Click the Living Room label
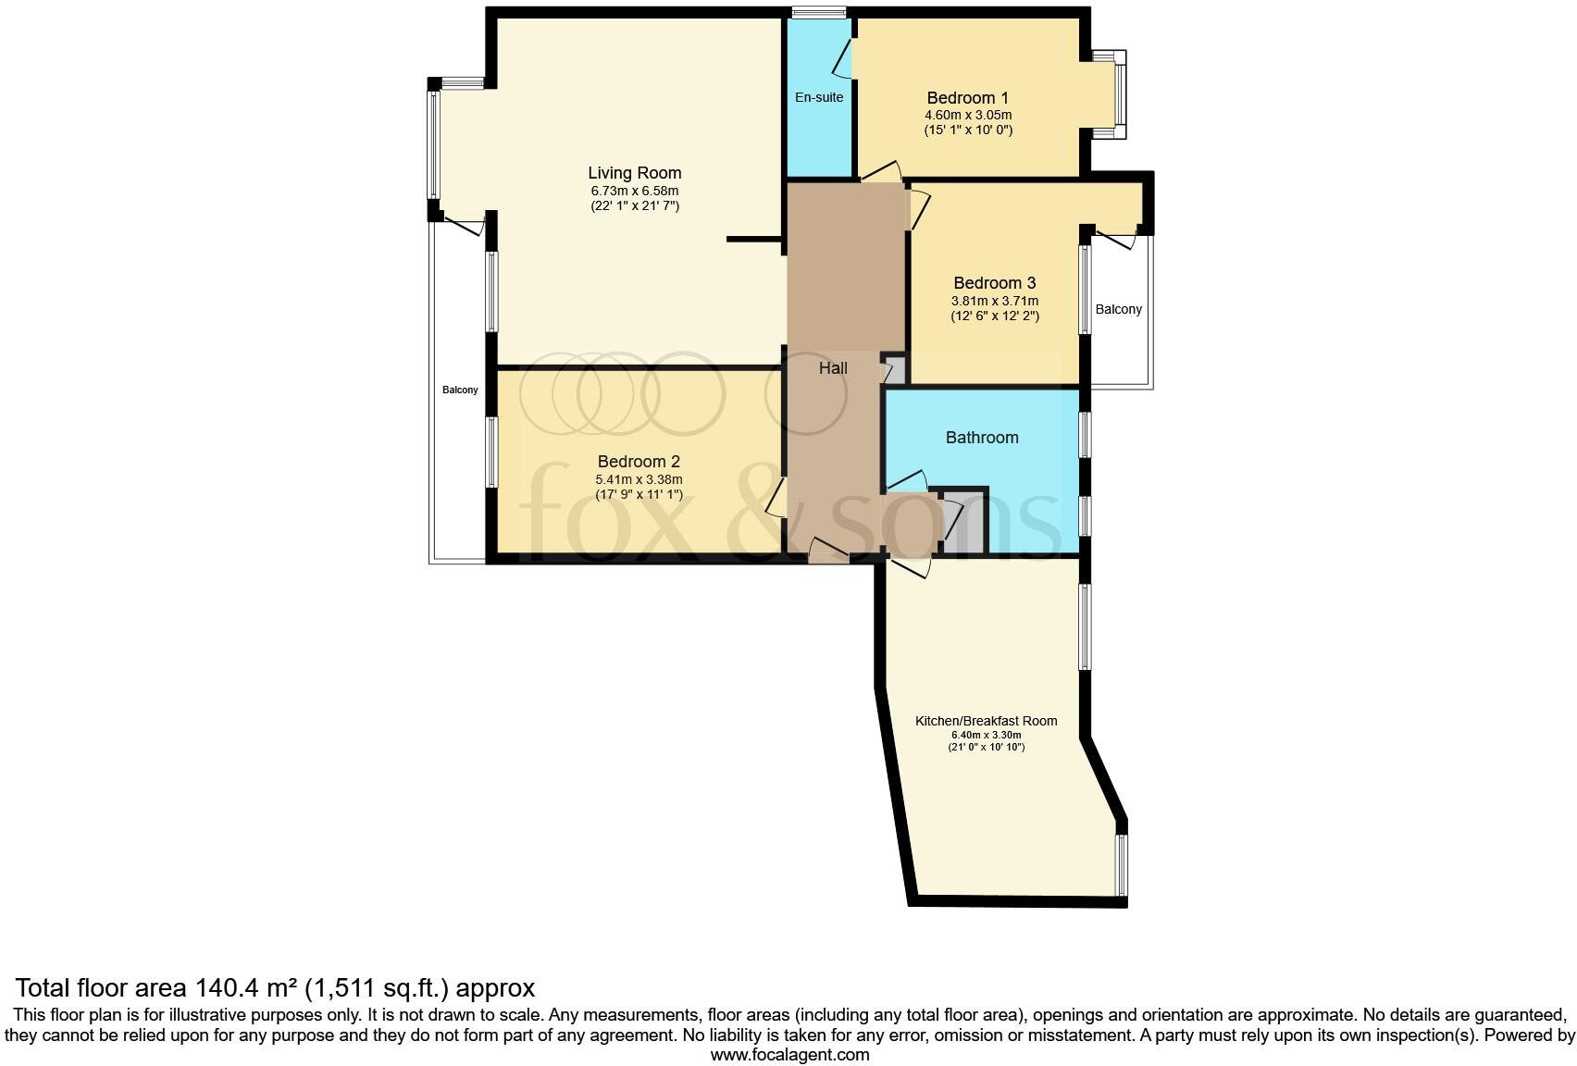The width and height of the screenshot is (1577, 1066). (x=634, y=173)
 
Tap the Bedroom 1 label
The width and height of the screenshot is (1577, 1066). (x=967, y=98)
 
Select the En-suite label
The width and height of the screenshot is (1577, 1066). (x=819, y=96)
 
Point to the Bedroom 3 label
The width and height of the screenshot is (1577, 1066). (x=994, y=283)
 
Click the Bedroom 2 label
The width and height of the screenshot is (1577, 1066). (x=639, y=462)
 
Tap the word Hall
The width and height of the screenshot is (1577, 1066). (x=833, y=368)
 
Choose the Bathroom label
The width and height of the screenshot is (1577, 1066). (x=981, y=438)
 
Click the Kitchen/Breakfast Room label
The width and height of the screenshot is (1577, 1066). (x=986, y=721)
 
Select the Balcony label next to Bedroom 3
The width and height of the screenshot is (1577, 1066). (x=1118, y=309)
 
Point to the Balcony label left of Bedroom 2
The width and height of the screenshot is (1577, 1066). (x=460, y=390)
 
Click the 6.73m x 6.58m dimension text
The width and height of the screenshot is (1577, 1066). (x=634, y=191)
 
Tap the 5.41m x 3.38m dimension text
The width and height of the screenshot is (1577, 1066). (x=639, y=479)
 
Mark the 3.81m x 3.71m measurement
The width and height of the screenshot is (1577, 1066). (x=994, y=301)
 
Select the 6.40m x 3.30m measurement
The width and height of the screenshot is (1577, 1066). (x=986, y=735)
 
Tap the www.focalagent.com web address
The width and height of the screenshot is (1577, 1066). (x=789, y=1054)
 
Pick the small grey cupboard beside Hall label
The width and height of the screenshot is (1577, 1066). (x=895, y=370)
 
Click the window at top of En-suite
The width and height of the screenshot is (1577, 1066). (x=819, y=12)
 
